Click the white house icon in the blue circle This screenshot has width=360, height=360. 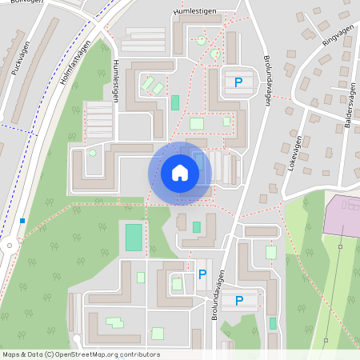180,171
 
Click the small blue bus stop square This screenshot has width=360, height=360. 23,221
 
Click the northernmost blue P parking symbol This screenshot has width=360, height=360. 238,82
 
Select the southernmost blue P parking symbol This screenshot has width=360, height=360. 239,301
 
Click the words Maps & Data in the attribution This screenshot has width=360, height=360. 22,354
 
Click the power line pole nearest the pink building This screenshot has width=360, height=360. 339,248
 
